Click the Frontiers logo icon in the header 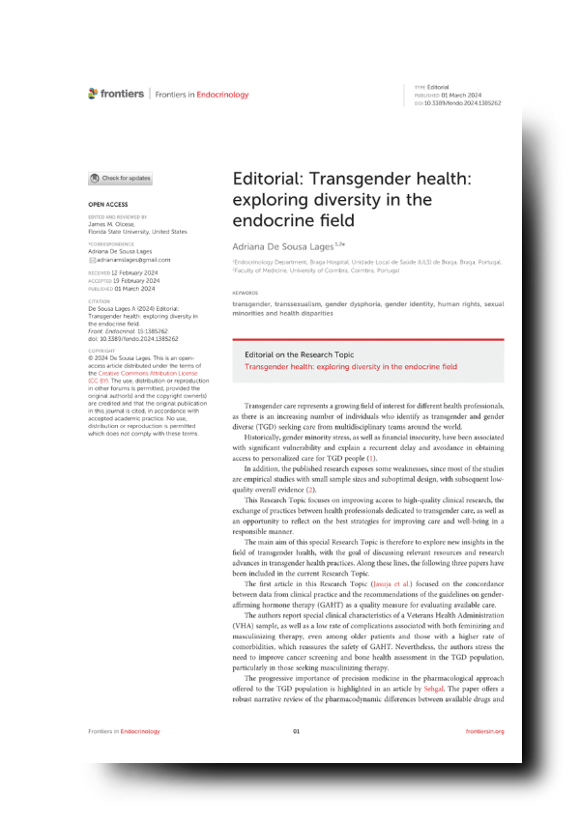[x=93, y=94]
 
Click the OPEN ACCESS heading [x=107, y=206]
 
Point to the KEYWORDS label [x=246, y=293]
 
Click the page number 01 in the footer [x=297, y=758]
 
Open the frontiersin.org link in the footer [x=484, y=758]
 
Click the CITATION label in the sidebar [x=100, y=300]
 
